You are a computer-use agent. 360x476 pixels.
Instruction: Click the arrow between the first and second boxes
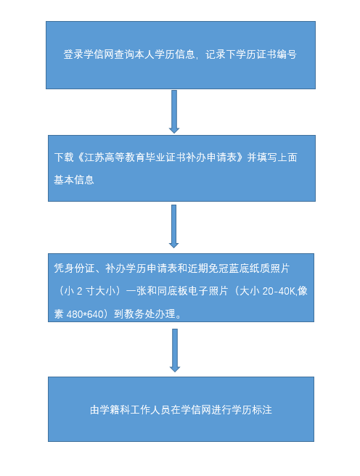(174, 112)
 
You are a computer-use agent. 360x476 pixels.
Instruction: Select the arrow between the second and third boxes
(173, 226)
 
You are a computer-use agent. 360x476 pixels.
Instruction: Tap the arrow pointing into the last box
(174, 350)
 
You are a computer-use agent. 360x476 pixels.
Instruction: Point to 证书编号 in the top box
(277, 54)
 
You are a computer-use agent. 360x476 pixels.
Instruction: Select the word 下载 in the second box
(64, 157)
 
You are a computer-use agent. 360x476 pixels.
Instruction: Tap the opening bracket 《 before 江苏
(80, 157)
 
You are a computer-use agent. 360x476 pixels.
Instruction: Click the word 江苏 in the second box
(94, 157)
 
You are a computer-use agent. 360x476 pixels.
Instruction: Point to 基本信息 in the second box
(74, 180)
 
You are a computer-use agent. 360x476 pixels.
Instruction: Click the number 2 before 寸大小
(80, 292)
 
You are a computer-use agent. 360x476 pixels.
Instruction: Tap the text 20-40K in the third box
(279, 292)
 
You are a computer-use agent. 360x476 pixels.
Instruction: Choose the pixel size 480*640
(85, 314)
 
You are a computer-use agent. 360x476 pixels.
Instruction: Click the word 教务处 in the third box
(139, 314)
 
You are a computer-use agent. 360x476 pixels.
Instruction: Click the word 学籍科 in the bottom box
(115, 410)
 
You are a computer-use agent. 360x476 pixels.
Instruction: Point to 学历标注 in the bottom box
(252, 410)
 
